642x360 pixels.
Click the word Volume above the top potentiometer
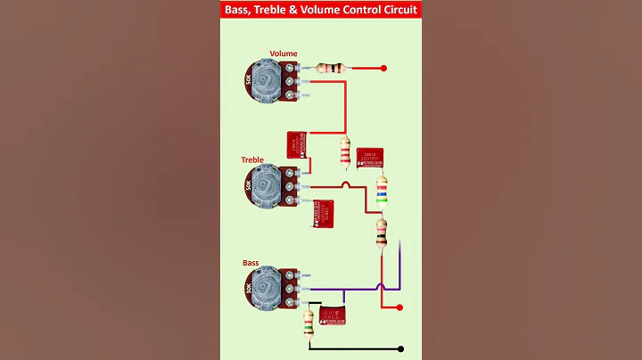click(x=284, y=53)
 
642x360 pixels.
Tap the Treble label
click(x=252, y=160)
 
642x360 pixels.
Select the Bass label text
click(x=251, y=263)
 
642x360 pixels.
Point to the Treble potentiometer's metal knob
click(x=266, y=185)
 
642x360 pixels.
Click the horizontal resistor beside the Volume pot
click(x=332, y=68)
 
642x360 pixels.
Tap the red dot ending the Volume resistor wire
click(x=383, y=68)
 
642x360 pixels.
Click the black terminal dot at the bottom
click(x=401, y=349)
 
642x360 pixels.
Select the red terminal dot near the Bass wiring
click(x=399, y=307)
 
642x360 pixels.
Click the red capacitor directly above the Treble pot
click(x=295, y=144)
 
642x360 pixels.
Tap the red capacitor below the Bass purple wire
click(x=332, y=314)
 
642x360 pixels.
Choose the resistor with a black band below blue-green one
click(x=382, y=233)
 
